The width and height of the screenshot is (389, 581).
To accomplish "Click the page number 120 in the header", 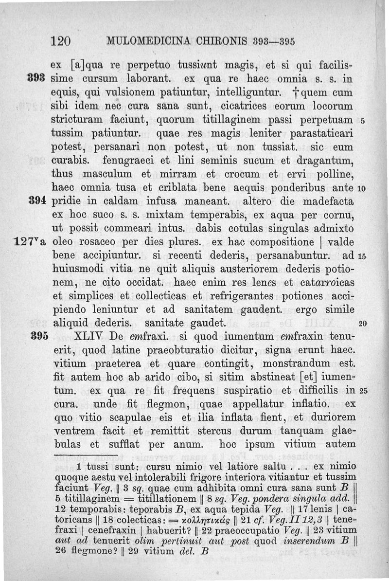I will (61, 40).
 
